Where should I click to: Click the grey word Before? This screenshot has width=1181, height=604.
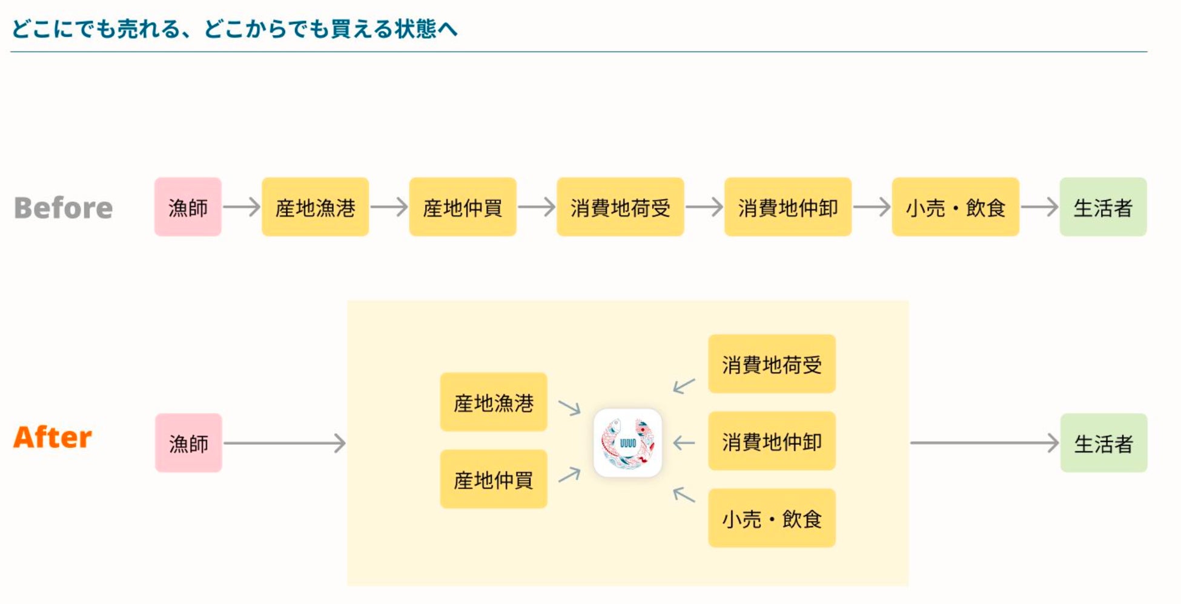pyautogui.click(x=63, y=208)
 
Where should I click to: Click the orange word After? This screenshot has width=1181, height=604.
pyautogui.click(x=53, y=437)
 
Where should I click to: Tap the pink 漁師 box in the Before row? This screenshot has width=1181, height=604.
pyautogui.click(x=188, y=207)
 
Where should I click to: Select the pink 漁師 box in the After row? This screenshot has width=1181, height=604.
pyautogui.click(x=188, y=443)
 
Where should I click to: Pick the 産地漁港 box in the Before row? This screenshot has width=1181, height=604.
pyautogui.click(x=315, y=207)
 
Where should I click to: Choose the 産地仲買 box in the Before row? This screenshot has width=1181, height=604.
pyautogui.click(x=463, y=207)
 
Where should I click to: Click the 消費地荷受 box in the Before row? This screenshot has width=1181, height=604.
pyautogui.click(x=620, y=207)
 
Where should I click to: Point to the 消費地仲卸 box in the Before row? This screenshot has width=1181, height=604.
pyautogui.click(x=787, y=207)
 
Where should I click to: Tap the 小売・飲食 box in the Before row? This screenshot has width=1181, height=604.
pyautogui.click(x=955, y=207)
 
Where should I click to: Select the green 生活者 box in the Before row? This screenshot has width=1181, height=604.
pyautogui.click(x=1103, y=207)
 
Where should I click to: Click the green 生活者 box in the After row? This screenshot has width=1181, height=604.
pyautogui.click(x=1103, y=443)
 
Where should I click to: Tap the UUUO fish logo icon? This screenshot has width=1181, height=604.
pyautogui.click(x=627, y=443)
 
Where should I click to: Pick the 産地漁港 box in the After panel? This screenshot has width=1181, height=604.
pyautogui.click(x=494, y=402)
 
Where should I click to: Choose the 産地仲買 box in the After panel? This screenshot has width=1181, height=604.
pyautogui.click(x=494, y=479)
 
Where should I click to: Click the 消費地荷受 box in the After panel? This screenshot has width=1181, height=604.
pyautogui.click(x=772, y=364)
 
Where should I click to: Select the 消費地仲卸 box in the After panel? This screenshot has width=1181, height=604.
pyautogui.click(x=772, y=441)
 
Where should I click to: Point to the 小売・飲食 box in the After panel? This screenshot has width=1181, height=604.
pyautogui.click(x=772, y=518)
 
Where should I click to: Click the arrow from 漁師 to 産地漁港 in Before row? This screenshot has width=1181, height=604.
pyautogui.click(x=241, y=207)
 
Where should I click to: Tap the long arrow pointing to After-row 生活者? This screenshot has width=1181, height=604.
pyautogui.click(x=984, y=443)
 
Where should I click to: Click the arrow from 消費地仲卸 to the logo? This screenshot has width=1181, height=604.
pyautogui.click(x=684, y=443)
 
